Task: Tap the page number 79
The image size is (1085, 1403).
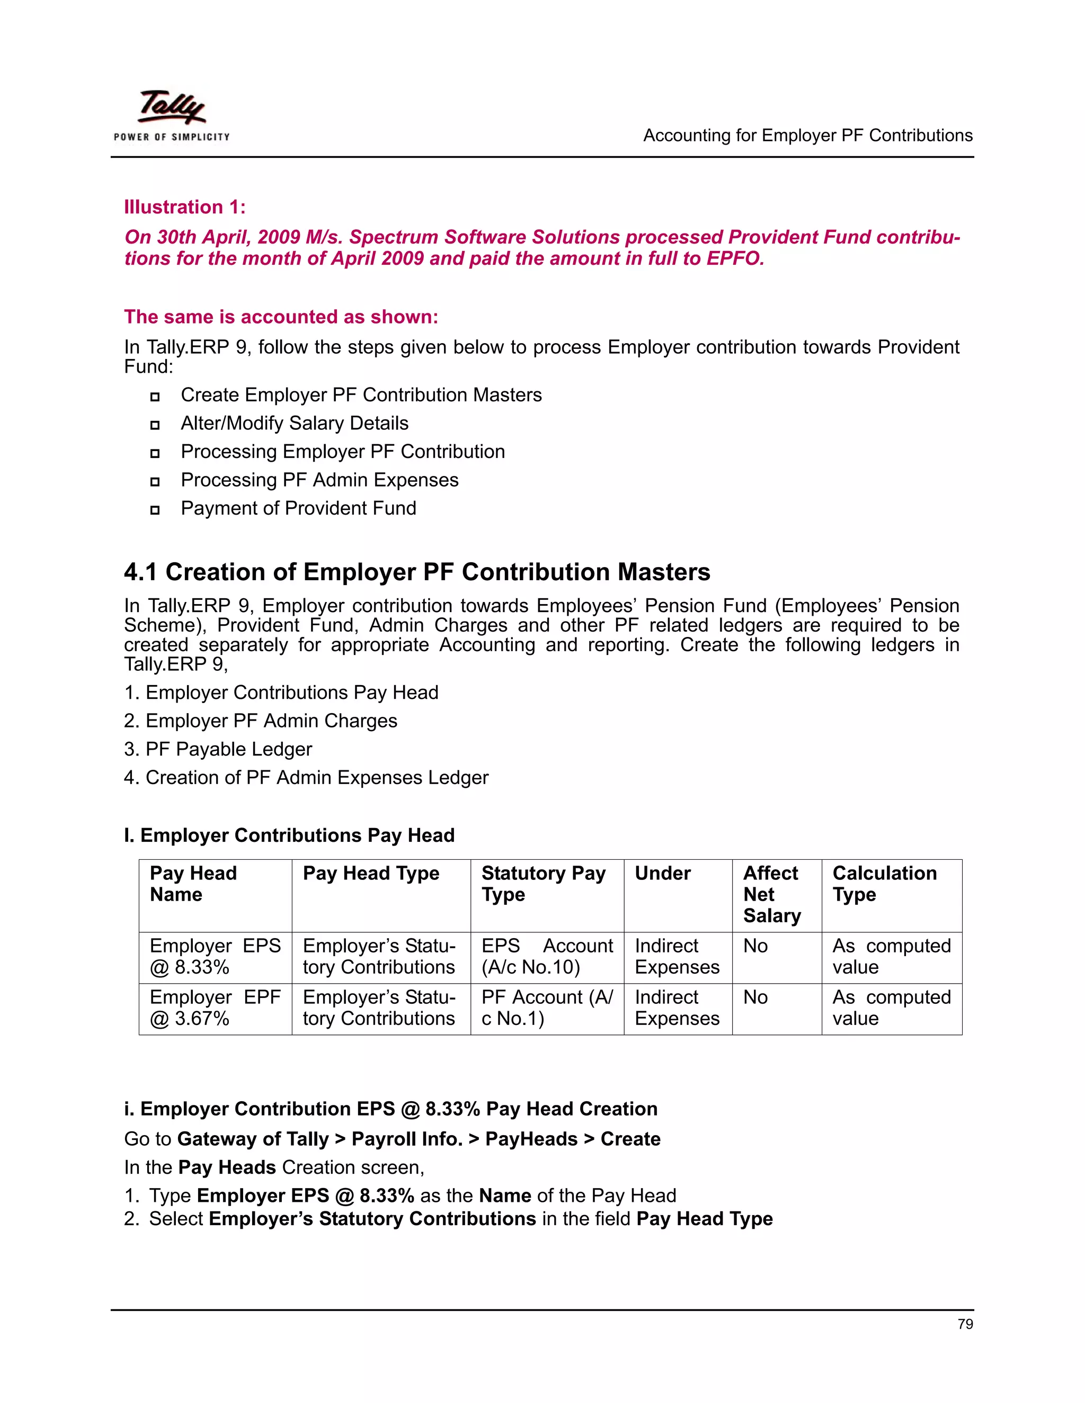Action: [965, 1324]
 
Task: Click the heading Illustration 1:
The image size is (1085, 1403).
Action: [184, 207]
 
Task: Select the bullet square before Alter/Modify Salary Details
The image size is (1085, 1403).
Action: [154, 425]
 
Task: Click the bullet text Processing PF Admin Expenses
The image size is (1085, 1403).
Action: [319, 480]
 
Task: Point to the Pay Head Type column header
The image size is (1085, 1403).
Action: [371, 873]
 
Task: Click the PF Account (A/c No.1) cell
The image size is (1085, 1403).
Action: [547, 1008]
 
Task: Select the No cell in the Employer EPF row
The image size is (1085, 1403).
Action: [755, 997]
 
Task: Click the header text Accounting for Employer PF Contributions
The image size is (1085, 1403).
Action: [808, 136]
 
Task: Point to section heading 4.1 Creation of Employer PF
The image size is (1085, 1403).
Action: [417, 572]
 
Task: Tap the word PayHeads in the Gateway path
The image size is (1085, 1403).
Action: [531, 1139]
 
